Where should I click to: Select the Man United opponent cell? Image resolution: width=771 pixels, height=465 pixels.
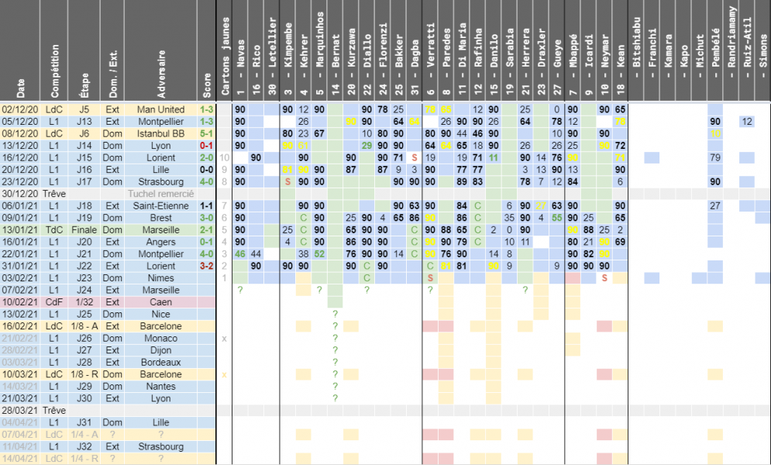coord(160,109)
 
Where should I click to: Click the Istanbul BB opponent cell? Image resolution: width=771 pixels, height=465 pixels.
coord(160,133)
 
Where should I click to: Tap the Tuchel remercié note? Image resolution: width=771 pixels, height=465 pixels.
coord(160,194)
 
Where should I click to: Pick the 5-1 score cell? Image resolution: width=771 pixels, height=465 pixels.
coord(206,133)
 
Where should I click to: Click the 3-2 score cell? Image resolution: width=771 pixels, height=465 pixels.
coord(206,266)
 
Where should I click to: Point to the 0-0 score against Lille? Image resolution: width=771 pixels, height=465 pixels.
coord(206,170)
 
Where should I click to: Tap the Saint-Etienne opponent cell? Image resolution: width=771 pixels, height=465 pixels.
coord(160,205)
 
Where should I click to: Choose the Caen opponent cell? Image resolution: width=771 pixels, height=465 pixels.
coord(160,301)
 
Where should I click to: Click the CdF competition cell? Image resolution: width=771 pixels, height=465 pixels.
coord(53,301)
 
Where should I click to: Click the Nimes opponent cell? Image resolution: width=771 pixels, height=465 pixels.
coord(160,277)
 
